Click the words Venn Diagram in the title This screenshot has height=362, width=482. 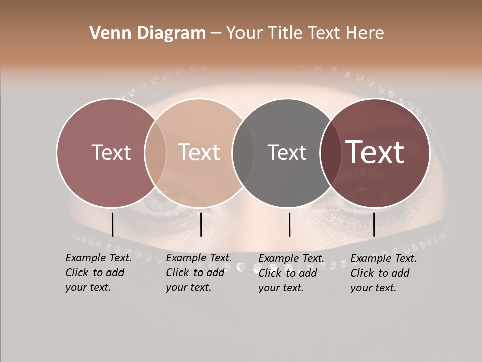(x=148, y=33)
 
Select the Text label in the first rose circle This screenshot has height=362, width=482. (x=111, y=152)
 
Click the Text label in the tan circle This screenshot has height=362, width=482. (x=199, y=152)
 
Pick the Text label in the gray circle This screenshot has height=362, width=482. (x=287, y=152)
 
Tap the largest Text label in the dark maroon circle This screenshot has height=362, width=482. (x=375, y=152)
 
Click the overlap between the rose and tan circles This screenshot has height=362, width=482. (x=155, y=152)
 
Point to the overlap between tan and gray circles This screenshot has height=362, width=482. (x=243, y=152)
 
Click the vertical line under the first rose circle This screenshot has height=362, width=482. (x=112, y=224)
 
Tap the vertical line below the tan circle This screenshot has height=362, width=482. (x=201, y=224)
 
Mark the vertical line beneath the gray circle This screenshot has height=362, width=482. (x=289, y=224)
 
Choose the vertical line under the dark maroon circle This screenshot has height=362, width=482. (x=374, y=224)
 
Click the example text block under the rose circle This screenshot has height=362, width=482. (x=98, y=273)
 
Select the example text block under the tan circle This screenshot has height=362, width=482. (x=198, y=273)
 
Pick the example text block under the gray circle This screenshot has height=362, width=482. (x=291, y=273)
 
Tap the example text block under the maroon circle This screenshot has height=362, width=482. (x=383, y=273)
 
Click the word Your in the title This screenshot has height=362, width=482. (x=245, y=33)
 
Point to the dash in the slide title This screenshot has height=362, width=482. (x=216, y=33)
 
